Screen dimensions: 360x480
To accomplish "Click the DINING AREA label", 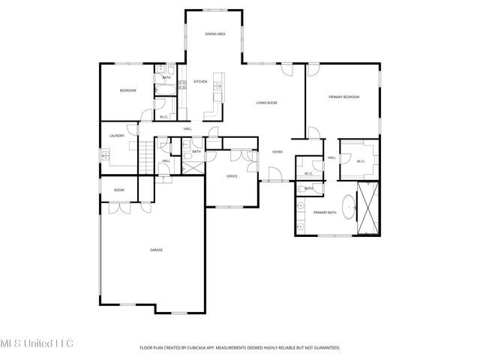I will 215,34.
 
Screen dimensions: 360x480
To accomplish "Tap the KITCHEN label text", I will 200,82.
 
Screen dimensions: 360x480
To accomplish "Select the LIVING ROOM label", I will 267,103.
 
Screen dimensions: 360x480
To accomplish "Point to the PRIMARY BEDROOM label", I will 343,97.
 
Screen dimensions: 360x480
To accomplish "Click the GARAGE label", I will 156,250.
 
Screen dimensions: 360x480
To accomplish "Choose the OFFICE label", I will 232,176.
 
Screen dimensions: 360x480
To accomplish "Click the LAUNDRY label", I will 116,136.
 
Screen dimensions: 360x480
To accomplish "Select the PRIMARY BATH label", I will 325,213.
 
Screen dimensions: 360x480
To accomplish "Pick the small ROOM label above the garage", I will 118,190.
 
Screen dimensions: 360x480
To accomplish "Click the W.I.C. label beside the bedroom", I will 163,116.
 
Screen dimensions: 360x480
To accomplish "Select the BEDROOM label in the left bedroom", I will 127,91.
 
